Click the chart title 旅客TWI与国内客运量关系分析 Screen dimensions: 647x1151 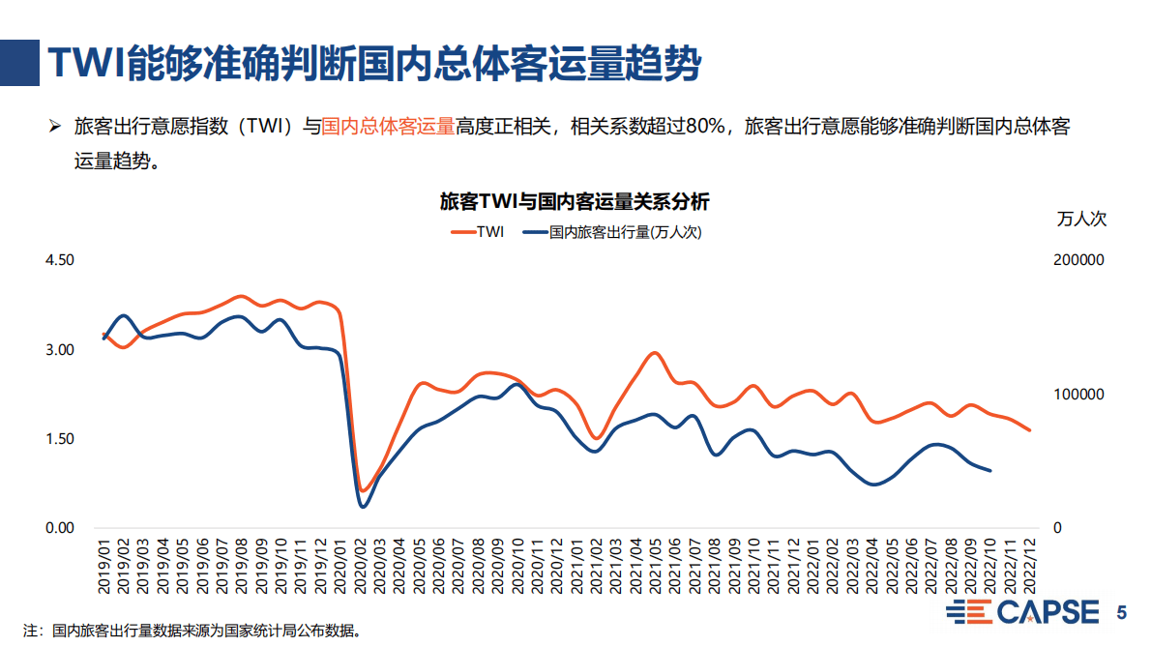click(575, 202)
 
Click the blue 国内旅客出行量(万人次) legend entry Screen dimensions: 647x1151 click(610, 232)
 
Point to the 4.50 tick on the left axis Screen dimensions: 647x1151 click(60, 260)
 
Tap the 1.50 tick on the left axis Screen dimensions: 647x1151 click(60, 439)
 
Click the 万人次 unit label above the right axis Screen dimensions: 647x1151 click(1082, 219)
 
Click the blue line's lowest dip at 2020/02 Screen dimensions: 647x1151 click(363, 506)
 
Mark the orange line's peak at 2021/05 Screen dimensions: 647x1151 click(655, 353)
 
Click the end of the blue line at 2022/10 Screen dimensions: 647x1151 click(989, 470)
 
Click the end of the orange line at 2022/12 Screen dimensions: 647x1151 click(1029, 429)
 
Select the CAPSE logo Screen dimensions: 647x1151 click(1023, 612)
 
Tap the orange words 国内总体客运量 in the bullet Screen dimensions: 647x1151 click(387, 127)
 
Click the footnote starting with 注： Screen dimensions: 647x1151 click(193, 632)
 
